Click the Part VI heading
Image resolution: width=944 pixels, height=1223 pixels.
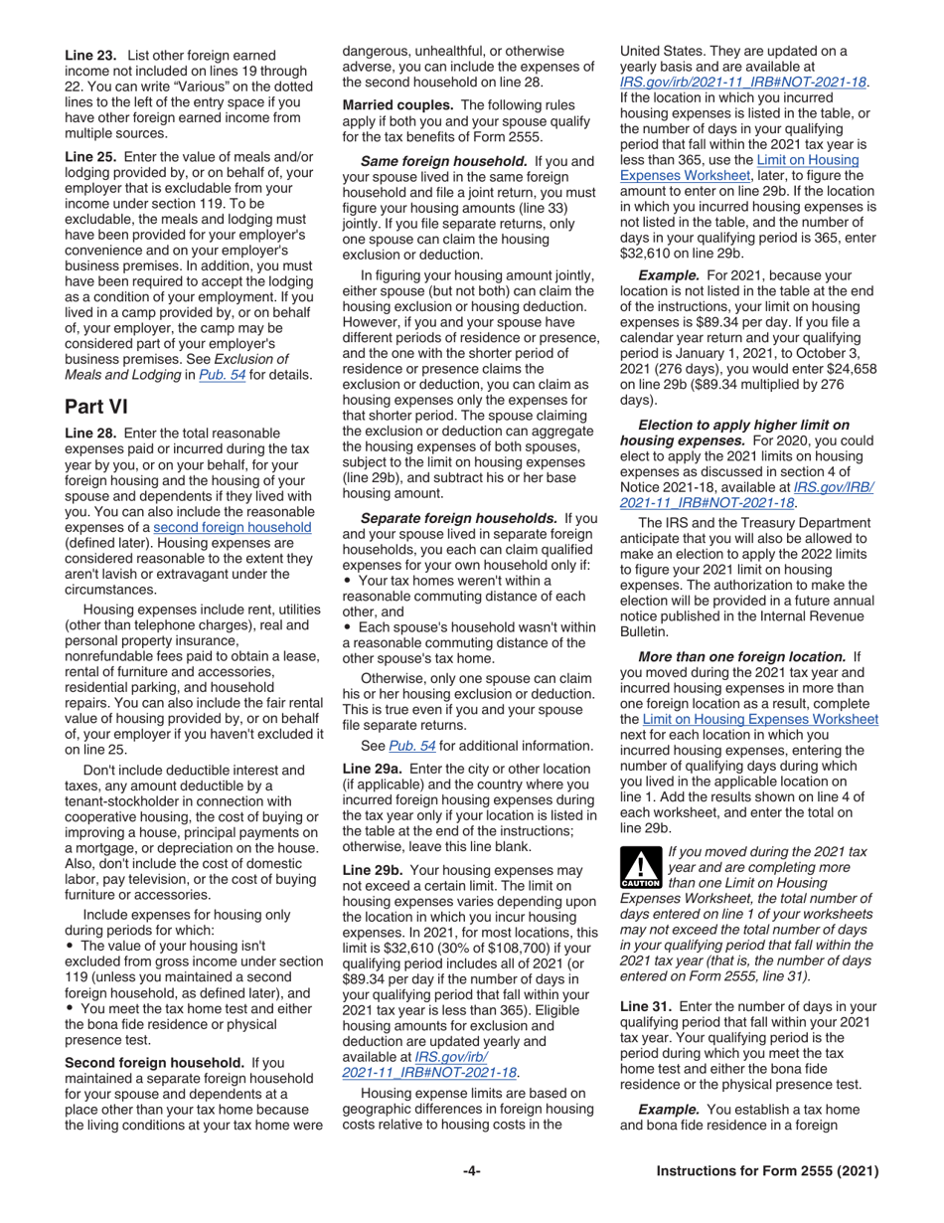pos(96,407)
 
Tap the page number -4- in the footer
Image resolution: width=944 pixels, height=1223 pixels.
pos(472,1171)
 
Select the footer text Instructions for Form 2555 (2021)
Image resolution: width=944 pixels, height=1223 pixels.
pos(768,1171)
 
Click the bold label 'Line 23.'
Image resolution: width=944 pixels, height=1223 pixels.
pos(90,56)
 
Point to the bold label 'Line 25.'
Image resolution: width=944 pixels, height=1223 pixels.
pos(90,158)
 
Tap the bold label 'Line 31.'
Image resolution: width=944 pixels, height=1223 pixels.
pos(646,1006)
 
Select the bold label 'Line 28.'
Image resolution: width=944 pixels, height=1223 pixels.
pos(90,433)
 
